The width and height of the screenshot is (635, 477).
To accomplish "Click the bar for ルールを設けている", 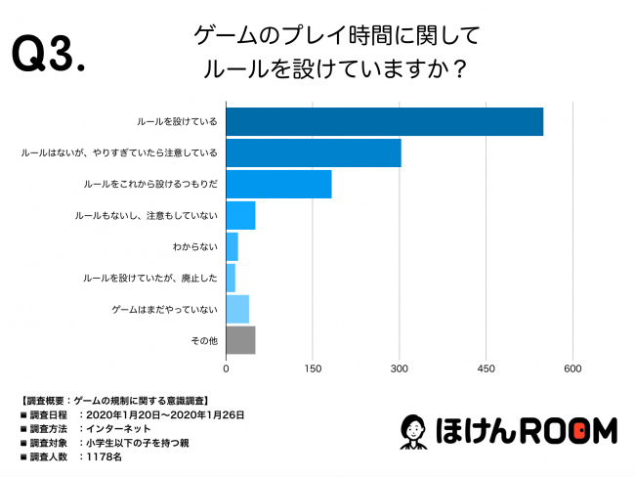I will pos(384,122).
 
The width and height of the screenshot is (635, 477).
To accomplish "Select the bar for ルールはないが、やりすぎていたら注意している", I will pos(314,153).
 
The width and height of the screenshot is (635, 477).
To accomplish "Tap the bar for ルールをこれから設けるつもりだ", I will pos(278,184).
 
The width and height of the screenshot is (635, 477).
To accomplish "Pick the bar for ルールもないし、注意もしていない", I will pos(240,215).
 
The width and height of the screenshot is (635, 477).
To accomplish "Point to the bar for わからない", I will pos(233,246).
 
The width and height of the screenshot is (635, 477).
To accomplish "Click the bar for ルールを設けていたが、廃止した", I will pos(231,278).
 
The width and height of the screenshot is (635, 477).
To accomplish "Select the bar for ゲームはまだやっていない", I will pos(237,309).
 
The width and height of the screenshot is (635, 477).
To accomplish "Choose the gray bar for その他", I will pos(240,340).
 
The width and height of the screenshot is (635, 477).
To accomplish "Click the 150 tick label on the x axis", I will pos(313,369).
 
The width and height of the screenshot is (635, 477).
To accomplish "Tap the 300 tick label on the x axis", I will pos(400,369).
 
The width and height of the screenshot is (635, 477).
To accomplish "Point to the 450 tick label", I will pos(486,369).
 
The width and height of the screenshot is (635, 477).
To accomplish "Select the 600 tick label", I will pos(572,369).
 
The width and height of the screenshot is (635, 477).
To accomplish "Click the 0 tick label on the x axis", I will pos(227,369).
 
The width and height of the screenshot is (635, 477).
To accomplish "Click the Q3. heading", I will pos(49,57).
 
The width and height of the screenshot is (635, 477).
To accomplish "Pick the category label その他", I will pos(204,340).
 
